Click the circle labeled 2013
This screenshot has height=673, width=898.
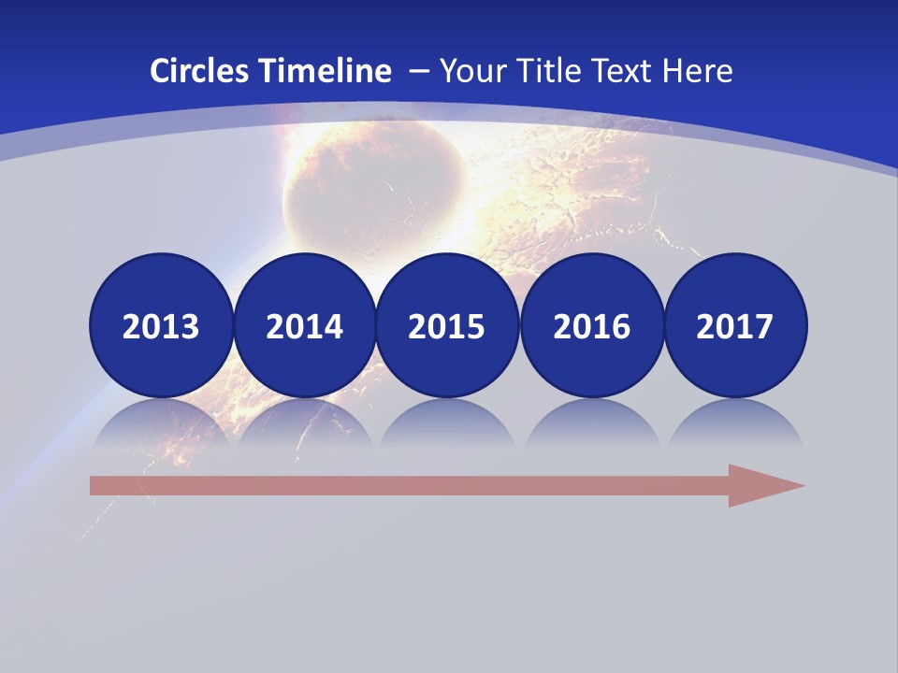click(x=161, y=325)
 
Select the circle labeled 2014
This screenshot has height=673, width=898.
click(x=304, y=325)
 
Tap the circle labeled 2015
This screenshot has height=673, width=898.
click(x=447, y=325)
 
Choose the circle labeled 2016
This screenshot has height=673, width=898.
click(x=591, y=325)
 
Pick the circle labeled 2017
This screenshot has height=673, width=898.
click(x=734, y=325)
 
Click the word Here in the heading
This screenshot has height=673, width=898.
click(x=698, y=71)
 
